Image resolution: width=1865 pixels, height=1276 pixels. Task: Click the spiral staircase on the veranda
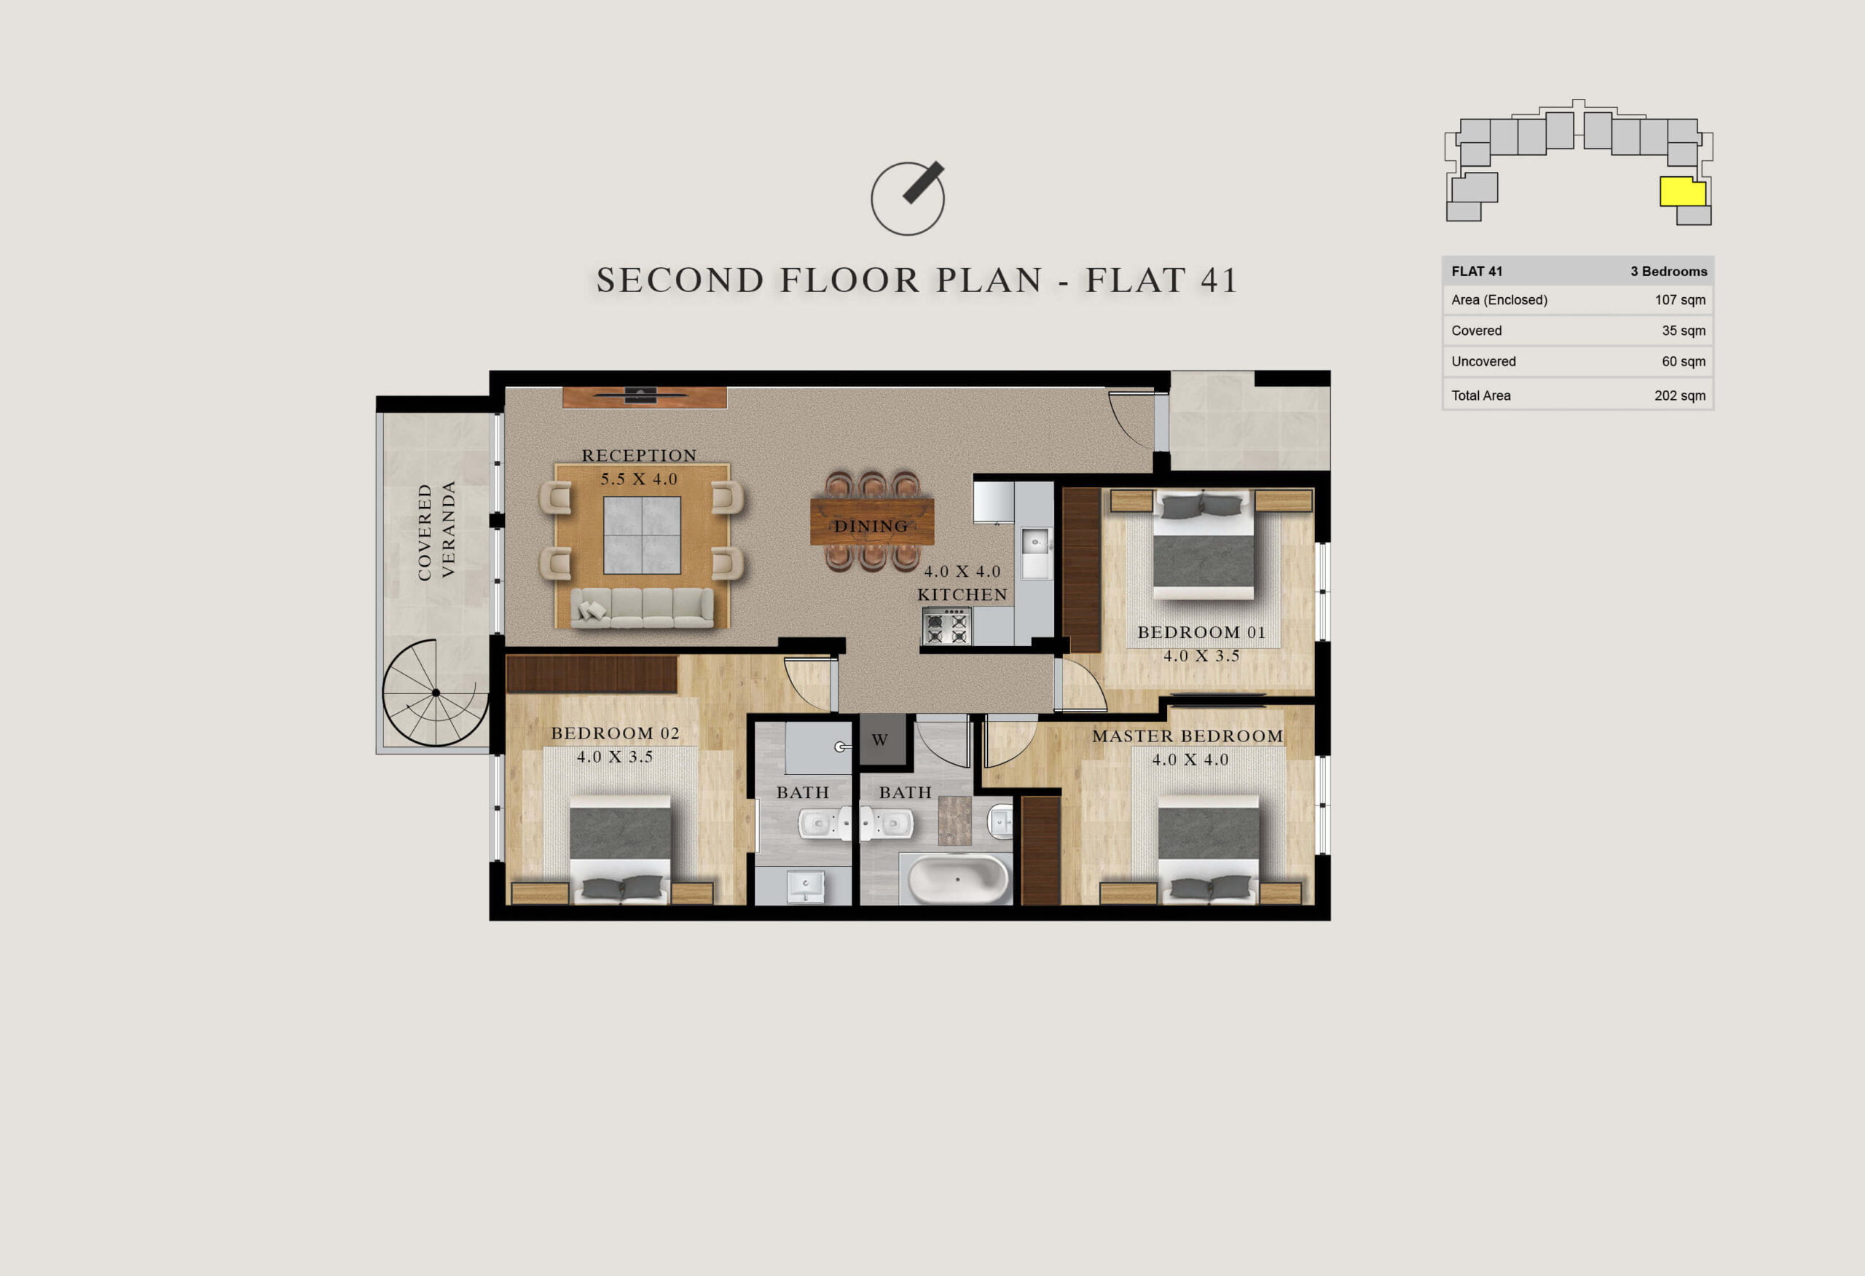click(436, 693)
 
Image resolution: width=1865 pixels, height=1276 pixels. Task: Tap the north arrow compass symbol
click(908, 197)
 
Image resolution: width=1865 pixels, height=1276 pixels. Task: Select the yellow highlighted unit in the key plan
click(1682, 192)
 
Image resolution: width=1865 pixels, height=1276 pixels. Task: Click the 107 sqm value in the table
click(1680, 300)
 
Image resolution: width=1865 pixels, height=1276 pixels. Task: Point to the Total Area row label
click(1480, 395)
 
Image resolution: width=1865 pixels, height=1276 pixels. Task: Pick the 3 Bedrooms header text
click(1668, 271)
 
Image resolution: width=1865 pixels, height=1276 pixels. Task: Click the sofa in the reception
click(642, 607)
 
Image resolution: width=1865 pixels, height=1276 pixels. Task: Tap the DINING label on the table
click(871, 527)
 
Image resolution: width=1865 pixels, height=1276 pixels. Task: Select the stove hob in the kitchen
click(947, 626)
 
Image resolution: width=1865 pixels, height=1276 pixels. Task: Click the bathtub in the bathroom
click(957, 879)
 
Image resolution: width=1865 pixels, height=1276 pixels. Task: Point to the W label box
click(880, 739)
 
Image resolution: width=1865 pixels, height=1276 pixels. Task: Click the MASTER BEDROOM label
click(1187, 736)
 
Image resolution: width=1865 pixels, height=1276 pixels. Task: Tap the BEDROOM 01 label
click(1201, 632)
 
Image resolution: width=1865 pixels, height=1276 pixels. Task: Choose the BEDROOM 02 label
click(615, 733)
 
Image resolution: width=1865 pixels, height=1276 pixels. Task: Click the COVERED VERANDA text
click(436, 530)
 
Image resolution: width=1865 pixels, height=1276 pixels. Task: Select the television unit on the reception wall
click(645, 397)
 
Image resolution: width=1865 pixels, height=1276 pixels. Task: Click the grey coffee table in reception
click(642, 535)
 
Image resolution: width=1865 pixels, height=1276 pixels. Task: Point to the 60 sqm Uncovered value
click(1683, 362)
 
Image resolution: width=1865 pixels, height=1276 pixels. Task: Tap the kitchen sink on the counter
click(1035, 542)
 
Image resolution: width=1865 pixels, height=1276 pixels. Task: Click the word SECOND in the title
click(680, 280)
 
